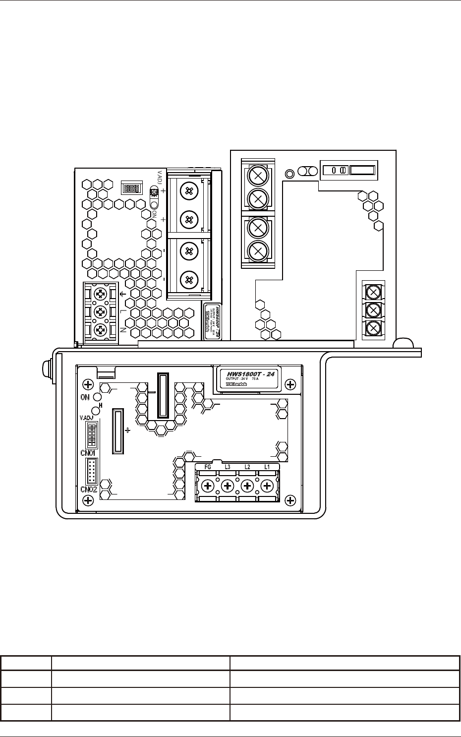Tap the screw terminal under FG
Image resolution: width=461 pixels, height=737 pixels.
pos(208,486)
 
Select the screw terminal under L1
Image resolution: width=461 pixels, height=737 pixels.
pos(267,486)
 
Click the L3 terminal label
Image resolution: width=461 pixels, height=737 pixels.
pos(228,467)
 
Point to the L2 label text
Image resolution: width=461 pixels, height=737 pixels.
pos(247,467)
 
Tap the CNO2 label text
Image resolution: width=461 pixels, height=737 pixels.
pos(89,490)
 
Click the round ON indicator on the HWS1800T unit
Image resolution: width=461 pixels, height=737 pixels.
pos(98,397)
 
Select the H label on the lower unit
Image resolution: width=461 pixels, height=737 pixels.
pos(101,405)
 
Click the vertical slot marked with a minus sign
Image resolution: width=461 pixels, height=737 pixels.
pos(163,395)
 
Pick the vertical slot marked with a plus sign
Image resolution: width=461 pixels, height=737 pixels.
pos(117,430)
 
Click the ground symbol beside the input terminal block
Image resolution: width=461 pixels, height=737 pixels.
pos(123,294)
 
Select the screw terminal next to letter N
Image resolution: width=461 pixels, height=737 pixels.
pos(101,329)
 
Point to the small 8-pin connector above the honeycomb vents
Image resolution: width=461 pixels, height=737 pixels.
pos(132,187)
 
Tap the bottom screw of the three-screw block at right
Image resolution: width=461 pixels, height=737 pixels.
pos(373,328)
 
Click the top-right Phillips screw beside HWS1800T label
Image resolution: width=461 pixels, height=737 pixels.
pos(291,384)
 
